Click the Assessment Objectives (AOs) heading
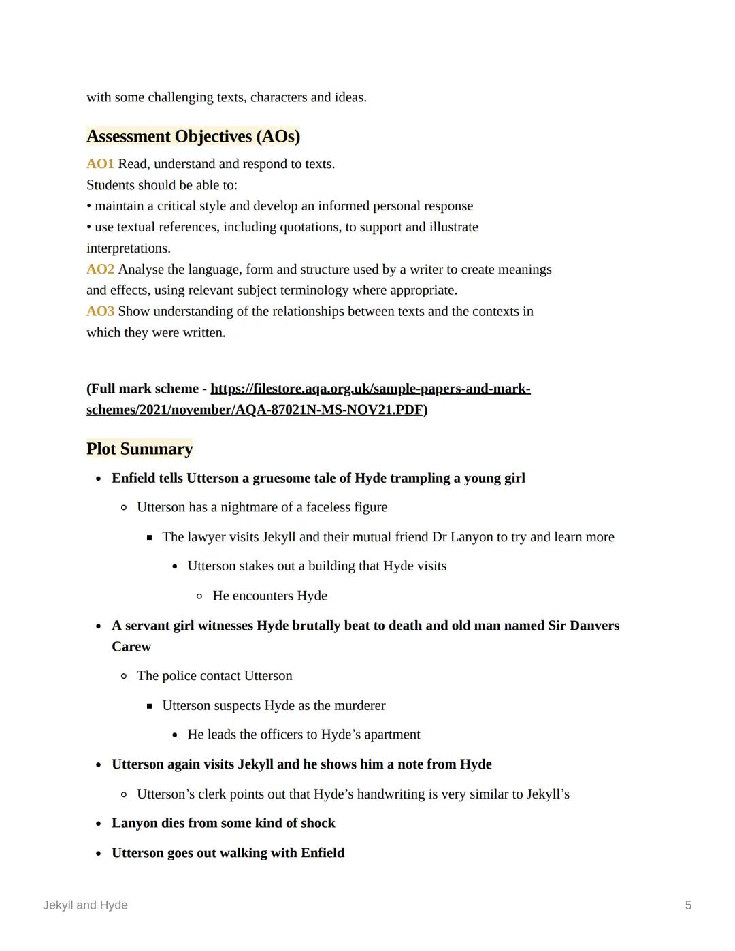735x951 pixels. [193, 136]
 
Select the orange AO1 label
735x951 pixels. [100, 164]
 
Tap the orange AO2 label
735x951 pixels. [100, 270]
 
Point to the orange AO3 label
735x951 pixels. [100, 311]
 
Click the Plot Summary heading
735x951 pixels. [140, 449]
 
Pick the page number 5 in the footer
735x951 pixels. [688, 905]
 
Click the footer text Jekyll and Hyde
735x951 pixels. [85, 905]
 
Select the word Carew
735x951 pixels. [131, 646]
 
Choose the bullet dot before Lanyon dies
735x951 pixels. [99, 824]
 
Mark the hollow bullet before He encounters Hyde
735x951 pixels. [199, 596]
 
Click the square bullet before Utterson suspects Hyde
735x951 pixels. [149, 706]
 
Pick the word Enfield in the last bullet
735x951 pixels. [323, 853]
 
